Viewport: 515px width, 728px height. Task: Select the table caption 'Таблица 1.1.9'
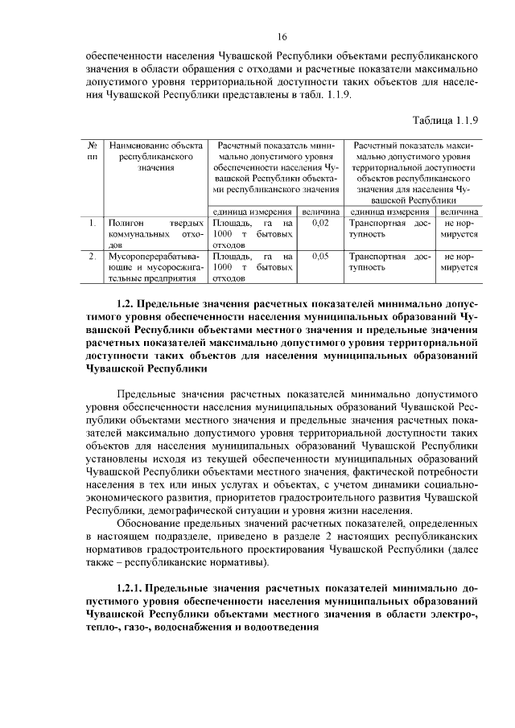(446, 121)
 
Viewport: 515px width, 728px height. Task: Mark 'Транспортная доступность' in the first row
(389, 227)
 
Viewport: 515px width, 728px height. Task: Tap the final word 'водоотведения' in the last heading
(281, 629)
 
